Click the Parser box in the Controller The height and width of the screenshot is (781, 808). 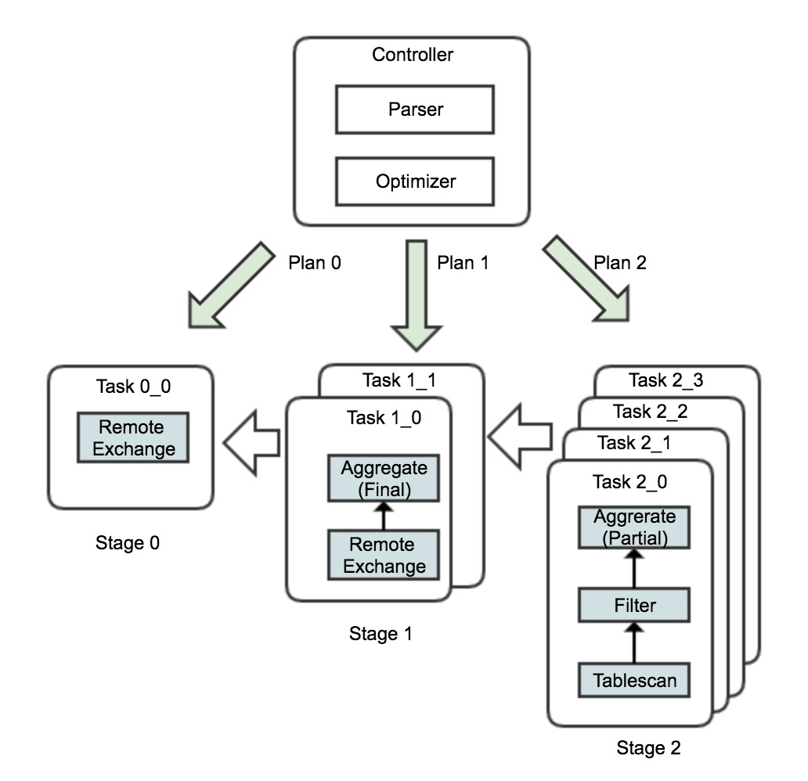pyautogui.click(x=414, y=110)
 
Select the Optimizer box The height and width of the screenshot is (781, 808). pyautogui.click(x=414, y=182)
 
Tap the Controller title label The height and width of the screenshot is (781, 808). pyautogui.click(x=413, y=55)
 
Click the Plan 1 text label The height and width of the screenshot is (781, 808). pyautogui.click(x=463, y=263)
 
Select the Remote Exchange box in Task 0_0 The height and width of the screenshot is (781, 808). pyautogui.click(x=132, y=438)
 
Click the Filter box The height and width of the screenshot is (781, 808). pyautogui.click(x=633, y=604)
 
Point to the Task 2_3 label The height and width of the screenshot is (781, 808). pyautogui.click(x=666, y=381)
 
